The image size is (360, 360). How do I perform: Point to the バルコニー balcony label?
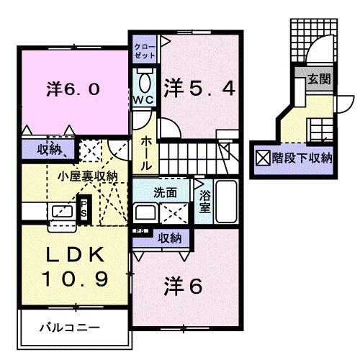click(69, 328)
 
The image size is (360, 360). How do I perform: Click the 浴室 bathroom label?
click(204, 201)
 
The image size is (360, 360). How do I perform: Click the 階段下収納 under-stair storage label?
click(301, 156)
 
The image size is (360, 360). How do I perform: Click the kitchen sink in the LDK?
click(58, 212)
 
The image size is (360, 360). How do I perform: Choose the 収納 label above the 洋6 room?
click(169, 237)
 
